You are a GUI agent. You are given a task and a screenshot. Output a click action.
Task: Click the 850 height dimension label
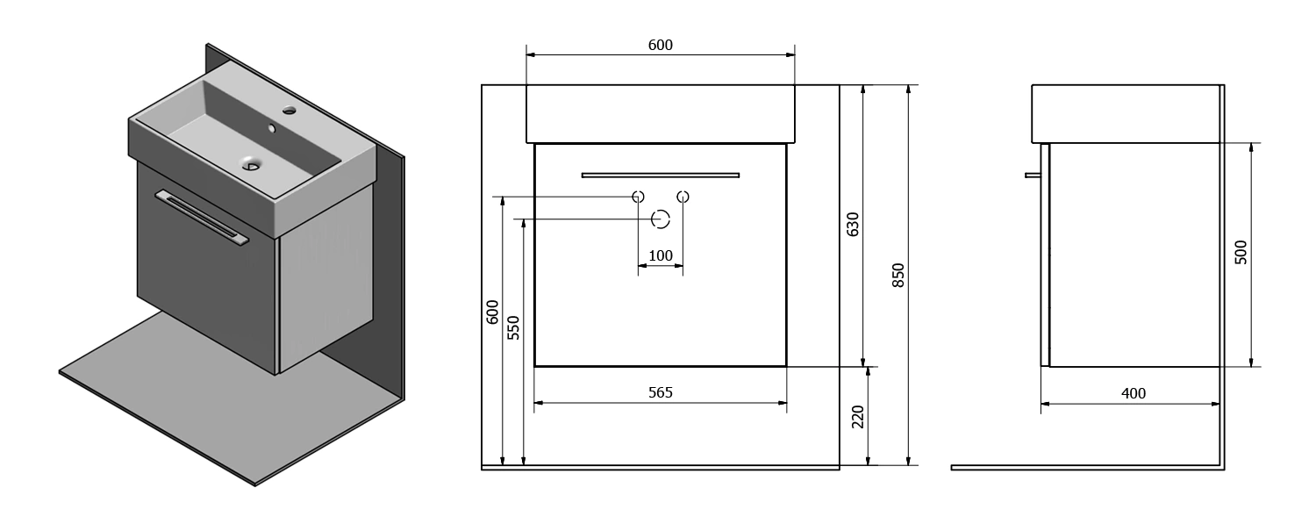click(898, 275)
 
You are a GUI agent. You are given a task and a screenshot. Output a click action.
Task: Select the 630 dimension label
click(853, 224)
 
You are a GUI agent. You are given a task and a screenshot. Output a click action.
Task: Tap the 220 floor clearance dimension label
click(858, 417)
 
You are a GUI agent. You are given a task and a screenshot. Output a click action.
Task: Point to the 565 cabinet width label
click(661, 391)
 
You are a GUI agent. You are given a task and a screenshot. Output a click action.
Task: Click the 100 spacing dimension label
click(661, 255)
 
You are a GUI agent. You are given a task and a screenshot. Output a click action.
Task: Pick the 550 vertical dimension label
click(513, 327)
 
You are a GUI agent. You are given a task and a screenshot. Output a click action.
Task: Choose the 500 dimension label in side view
click(1241, 252)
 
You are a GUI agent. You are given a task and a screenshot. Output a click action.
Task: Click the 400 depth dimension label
click(1134, 393)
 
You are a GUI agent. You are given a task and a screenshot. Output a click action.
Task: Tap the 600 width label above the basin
click(661, 45)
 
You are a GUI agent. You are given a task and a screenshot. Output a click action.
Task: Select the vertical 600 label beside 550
click(492, 312)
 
